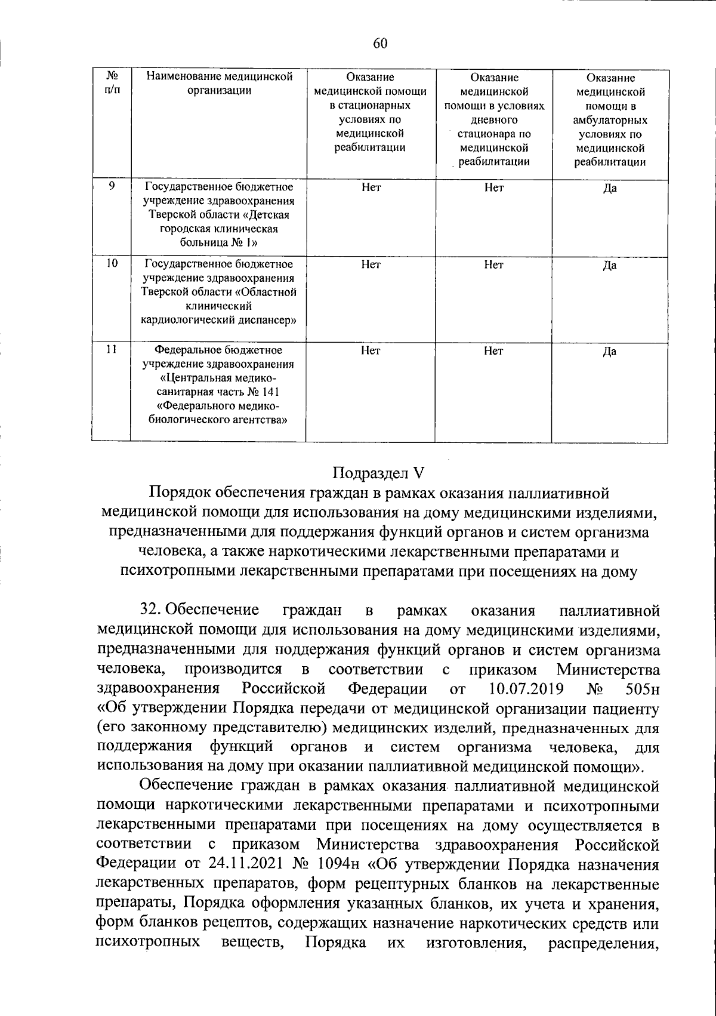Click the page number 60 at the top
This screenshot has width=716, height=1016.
point(381,42)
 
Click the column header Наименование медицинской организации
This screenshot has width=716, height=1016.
point(220,84)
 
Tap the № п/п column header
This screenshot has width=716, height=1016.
point(112,84)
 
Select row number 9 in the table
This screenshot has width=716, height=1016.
point(112,186)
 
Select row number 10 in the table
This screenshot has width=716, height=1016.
point(112,263)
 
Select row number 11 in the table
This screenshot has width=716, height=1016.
point(112,350)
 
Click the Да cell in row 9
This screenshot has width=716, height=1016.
point(609,189)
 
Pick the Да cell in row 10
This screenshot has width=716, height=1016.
point(609,266)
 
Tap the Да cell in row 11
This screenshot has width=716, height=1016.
point(609,352)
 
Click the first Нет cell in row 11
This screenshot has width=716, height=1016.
point(371,352)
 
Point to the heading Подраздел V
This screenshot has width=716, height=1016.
point(377,473)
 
